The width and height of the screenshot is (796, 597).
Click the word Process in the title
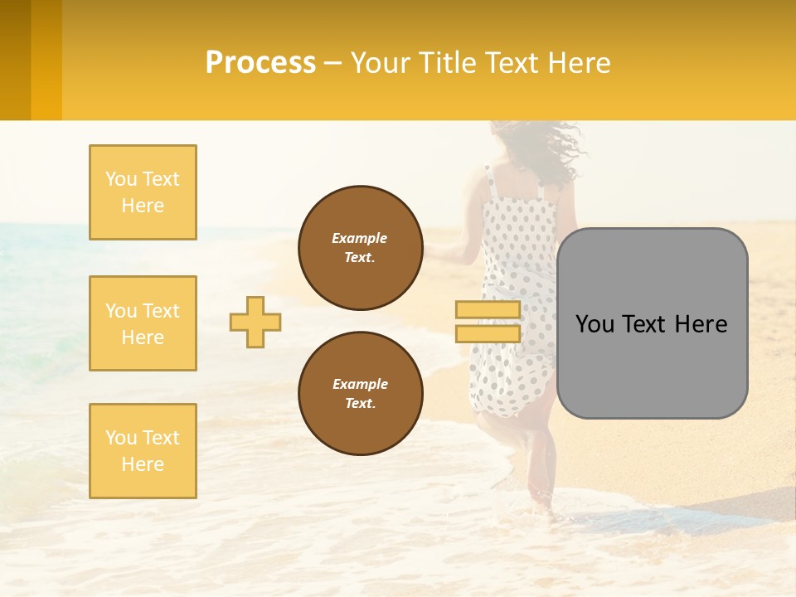(x=260, y=63)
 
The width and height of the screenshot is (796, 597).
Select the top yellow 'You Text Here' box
(x=143, y=192)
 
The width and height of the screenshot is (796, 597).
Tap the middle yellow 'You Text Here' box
(x=143, y=323)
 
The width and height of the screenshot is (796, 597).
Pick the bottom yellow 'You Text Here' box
(x=143, y=451)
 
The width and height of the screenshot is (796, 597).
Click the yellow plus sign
(x=255, y=322)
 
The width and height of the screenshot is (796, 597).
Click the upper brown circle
(x=360, y=248)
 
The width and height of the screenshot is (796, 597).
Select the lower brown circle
(x=360, y=394)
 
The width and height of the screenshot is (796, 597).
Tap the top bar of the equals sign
(x=488, y=310)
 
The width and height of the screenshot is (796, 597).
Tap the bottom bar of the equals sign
(x=488, y=333)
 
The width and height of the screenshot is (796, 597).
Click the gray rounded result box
(x=652, y=323)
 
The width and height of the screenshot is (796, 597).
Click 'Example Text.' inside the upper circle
(x=360, y=248)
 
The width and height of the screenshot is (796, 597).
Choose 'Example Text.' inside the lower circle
(x=360, y=394)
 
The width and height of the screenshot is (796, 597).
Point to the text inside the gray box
(x=652, y=324)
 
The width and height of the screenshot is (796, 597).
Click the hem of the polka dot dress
(x=510, y=406)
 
